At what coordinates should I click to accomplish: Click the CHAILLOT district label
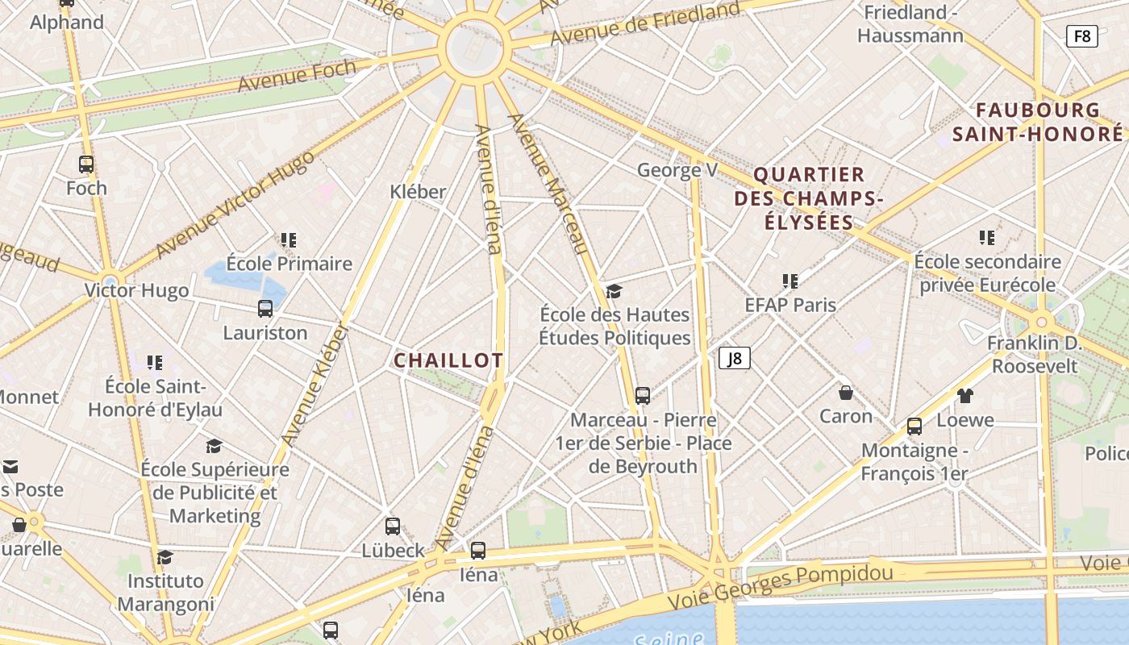coord(448,360)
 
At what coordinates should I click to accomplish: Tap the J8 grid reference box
coord(735,358)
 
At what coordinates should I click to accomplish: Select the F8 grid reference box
coord(1081,35)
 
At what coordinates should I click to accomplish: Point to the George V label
coord(677,170)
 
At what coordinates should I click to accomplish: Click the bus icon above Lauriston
coord(265,308)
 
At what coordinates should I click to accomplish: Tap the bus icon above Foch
coord(86,164)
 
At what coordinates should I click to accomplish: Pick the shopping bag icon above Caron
coord(846,393)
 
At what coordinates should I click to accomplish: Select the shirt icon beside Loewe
coord(964,395)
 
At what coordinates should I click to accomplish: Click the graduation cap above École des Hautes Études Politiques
coord(614,291)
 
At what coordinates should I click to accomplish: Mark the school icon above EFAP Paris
coord(790,281)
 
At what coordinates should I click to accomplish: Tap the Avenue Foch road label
coord(296,76)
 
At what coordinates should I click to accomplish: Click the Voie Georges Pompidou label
coord(781,585)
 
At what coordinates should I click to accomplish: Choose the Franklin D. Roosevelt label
coord(1035,355)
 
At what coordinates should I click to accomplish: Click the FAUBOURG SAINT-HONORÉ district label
coord(1037,122)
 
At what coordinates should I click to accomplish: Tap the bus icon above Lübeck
coord(393,526)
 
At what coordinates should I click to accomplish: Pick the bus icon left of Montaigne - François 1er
coord(914,427)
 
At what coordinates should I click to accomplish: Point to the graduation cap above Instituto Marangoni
coord(165,557)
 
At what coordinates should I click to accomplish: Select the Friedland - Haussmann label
coord(910,24)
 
